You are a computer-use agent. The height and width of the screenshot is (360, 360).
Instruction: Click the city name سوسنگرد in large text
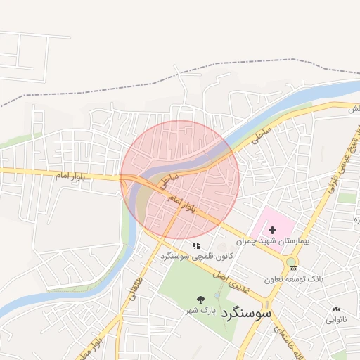coord(246,312)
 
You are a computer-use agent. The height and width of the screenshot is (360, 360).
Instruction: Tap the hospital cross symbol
coord(272,230)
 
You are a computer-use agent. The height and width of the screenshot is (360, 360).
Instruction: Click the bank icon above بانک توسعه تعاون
coord(293,269)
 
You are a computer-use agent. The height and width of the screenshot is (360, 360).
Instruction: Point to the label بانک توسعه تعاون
coord(294,279)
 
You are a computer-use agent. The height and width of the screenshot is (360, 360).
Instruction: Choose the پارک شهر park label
coord(200,310)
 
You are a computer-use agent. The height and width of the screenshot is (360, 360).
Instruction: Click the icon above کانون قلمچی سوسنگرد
coord(196,245)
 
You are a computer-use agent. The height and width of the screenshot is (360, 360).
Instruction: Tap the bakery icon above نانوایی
coord(335,309)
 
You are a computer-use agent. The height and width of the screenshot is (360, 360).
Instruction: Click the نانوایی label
coord(335,319)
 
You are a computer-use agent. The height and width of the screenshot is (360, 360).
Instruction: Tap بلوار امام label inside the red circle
coord(181,205)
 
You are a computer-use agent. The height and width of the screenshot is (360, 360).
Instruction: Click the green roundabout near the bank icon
coord(290,262)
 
